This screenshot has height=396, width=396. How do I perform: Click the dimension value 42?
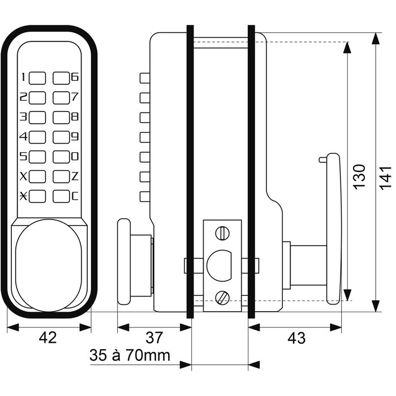click(x=48, y=338)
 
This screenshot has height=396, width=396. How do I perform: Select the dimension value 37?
click(x=154, y=338)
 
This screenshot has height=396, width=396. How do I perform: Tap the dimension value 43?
click(x=296, y=338)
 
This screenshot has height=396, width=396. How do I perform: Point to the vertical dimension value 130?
click(x=359, y=177)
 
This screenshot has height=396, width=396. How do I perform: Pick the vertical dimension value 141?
click(x=385, y=178)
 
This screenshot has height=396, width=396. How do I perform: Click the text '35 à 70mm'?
click(x=130, y=355)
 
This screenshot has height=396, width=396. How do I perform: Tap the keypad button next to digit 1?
click(x=37, y=78)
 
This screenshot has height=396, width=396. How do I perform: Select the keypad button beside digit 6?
click(x=61, y=78)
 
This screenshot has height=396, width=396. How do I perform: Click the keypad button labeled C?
click(x=61, y=196)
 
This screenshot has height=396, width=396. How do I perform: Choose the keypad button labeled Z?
click(x=61, y=177)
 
